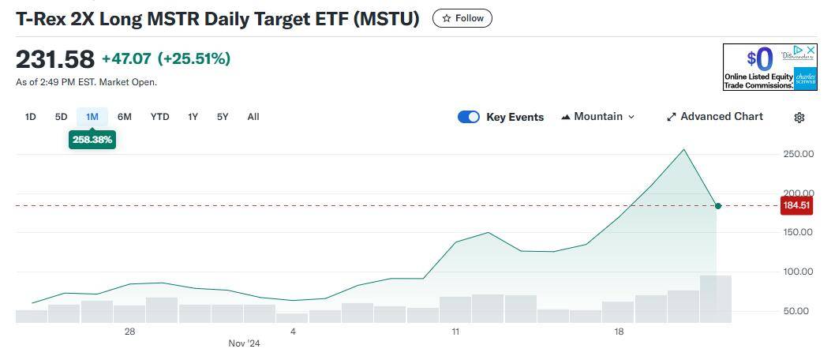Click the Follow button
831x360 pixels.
click(x=462, y=18)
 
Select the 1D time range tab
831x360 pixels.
click(x=31, y=117)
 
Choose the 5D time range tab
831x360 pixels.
click(x=61, y=117)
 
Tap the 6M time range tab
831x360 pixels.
click(x=125, y=117)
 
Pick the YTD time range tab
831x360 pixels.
click(x=159, y=117)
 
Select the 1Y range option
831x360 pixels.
click(x=193, y=117)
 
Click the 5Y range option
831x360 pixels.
click(x=223, y=117)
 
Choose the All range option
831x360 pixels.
click(x=253, y=117)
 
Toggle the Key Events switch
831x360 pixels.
click(x=469, y=117)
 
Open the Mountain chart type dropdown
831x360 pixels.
click(x=597, y=117)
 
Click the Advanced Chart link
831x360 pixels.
click(x=715, y=117)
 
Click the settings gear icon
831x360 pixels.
click(x=799, y=118)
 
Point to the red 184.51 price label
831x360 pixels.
click(x=795, y=206)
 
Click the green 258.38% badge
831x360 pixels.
click(x=92, y=140)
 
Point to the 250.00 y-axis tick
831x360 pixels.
click(x=798, y=154)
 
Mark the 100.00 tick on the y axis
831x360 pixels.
click(x=798, y=272)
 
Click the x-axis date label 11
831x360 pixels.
click(x=456, y=332)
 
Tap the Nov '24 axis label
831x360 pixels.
click(x=244, y=343)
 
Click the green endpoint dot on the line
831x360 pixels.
click(x=717, y=206)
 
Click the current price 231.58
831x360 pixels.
click(x=55, y=59)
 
